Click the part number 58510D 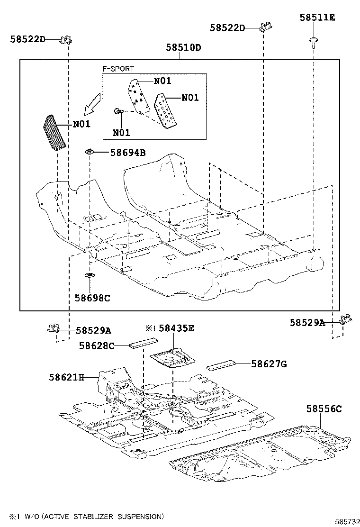[183, 48]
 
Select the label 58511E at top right [317, 18]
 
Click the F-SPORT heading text [118, 69]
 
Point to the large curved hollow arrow [92, 104]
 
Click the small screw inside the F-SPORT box [119, 111]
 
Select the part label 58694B [127, 153]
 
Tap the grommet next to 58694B [89, 152]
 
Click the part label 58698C [92, 298]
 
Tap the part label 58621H [66, 377]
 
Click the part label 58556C [324, 409]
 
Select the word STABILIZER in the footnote [99, 516]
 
